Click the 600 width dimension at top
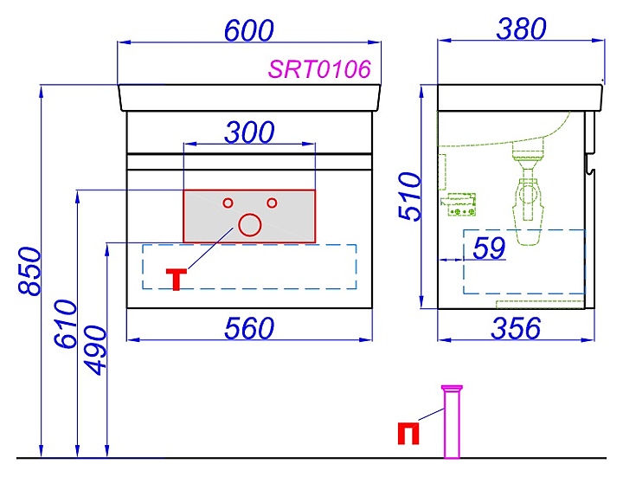[248, 29]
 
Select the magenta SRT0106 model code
[319, 69]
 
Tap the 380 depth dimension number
[521, 29]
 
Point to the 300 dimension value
[249, 132]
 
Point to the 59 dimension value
[490, 248]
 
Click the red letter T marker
[176, 280]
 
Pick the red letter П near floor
[408, 433]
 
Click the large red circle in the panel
[249, 225]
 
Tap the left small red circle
[228, 203]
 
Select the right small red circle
[271, 203]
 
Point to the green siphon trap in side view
[527, 203]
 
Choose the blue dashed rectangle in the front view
[249, 267]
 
